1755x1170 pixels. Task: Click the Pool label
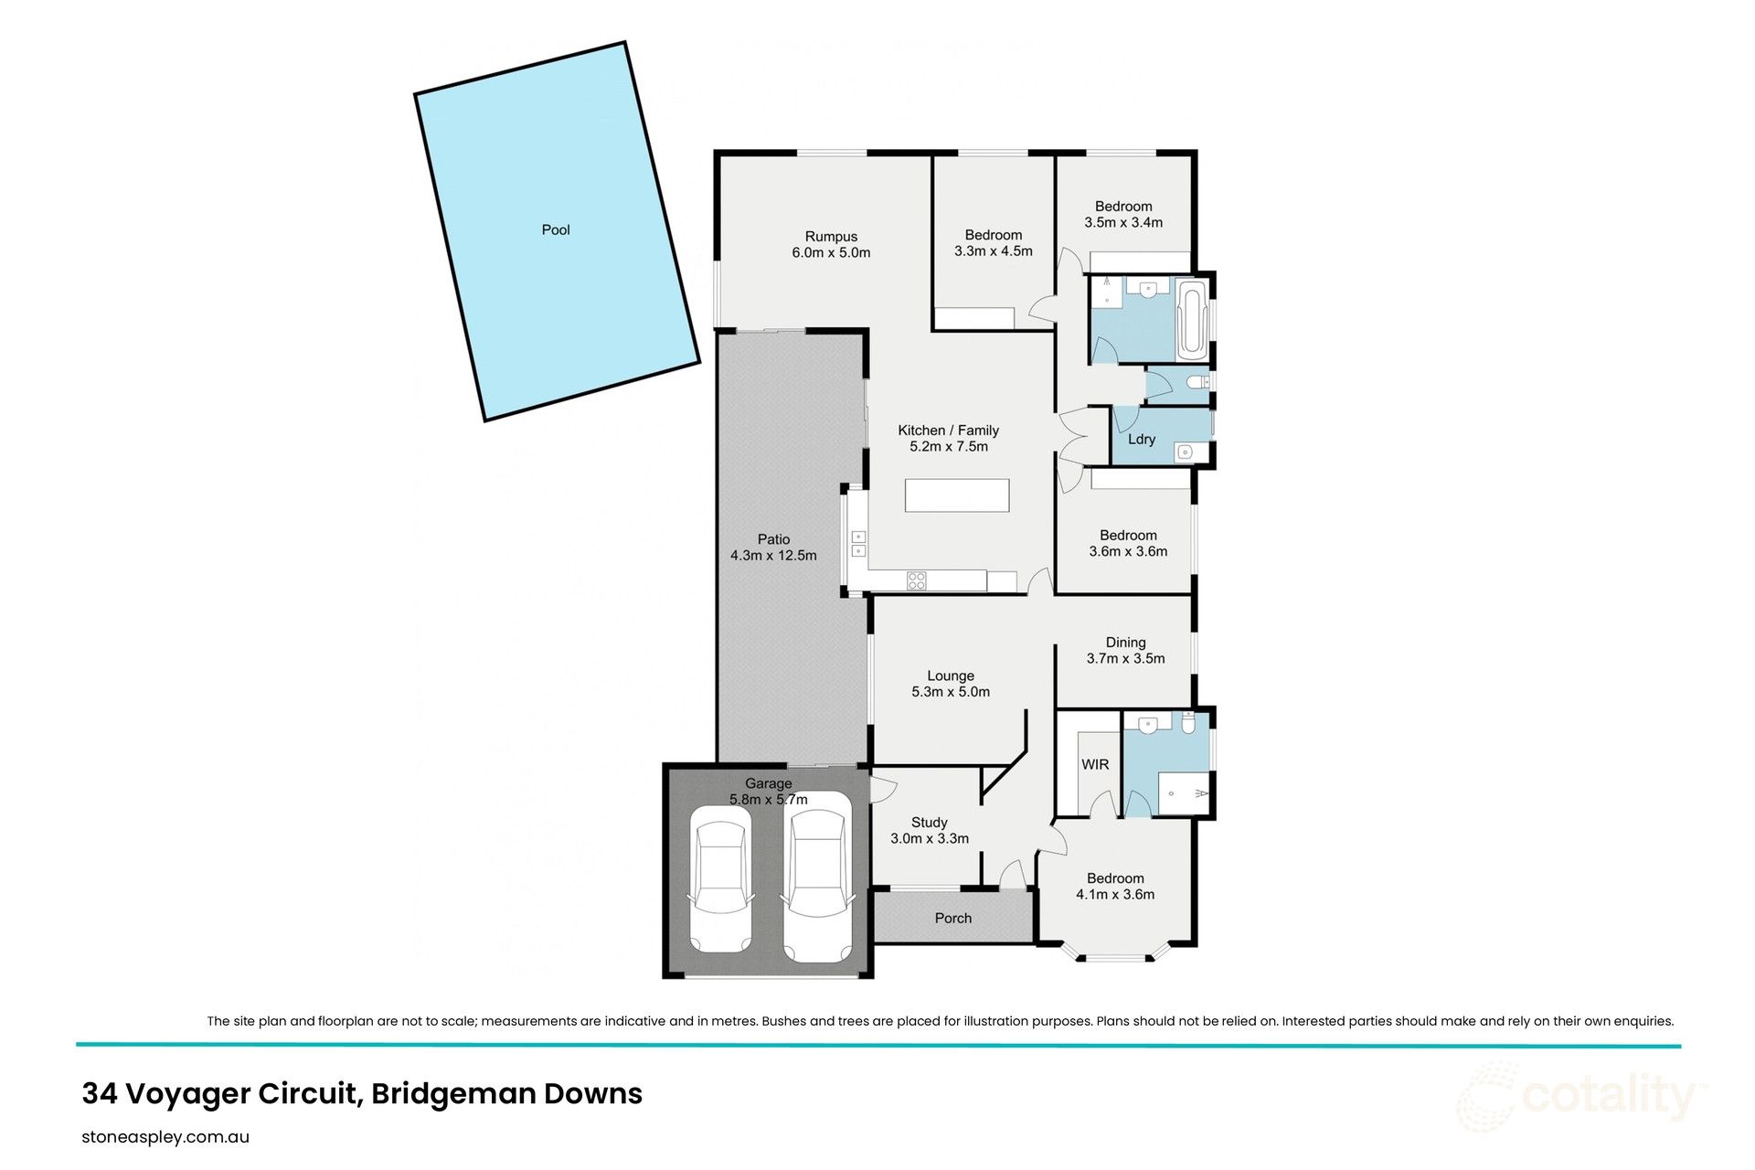[555, 230]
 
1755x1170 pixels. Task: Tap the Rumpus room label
[831, 237]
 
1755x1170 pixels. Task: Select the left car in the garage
[722, 886]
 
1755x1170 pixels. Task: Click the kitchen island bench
[957, 495]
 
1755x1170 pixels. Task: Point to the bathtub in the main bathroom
[1192, 321]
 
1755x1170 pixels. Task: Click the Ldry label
[1141, 440]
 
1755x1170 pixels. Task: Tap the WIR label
[1094, 764]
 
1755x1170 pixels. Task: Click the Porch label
[952, 919]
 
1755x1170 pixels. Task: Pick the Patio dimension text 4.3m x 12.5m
[773, 556]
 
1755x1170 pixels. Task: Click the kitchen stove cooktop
[916, 580]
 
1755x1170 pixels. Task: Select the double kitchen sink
[858, 544]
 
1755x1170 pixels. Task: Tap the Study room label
[929, 823]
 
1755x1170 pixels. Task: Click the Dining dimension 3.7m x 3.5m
[1125, 659]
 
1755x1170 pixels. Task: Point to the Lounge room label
[950, 676]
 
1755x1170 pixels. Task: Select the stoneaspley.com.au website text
[165, 1138]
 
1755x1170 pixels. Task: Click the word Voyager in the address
[187, 1094]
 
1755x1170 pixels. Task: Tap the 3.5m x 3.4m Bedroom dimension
[1123, 223]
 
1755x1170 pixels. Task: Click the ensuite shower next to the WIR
[1184, 792]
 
